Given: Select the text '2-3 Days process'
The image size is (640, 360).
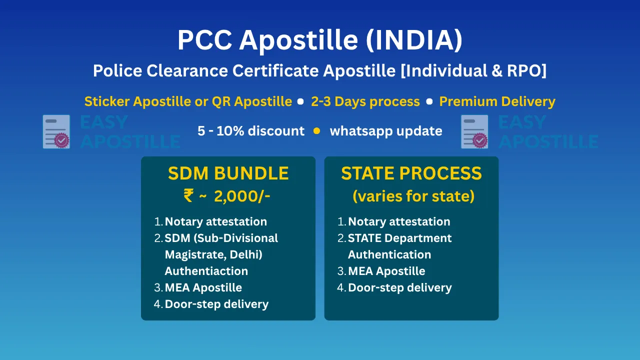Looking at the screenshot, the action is (x=365, y=101).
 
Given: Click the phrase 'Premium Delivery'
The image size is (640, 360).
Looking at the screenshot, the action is (x=497, y=101).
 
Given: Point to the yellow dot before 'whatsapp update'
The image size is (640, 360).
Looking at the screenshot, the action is (x=316, y=131).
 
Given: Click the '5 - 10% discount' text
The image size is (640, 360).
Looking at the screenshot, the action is (x=251, y=131).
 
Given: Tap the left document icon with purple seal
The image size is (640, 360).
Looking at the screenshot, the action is (x=56, y=131).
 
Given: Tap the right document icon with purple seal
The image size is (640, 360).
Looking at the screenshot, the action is (x=474, y=131).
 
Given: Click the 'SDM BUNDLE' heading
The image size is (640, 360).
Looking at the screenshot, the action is (x=228, y=173).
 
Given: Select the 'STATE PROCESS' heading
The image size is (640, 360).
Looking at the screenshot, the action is (x=411, y=173).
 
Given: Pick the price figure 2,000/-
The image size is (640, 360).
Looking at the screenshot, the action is (x=242, y=196).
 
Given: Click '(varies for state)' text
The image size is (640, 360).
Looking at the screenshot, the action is (x=413, y=196).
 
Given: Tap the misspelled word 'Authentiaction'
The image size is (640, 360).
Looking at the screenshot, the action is (x=206, y=271).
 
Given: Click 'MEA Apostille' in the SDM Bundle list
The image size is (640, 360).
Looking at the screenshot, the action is (x=203, y=287).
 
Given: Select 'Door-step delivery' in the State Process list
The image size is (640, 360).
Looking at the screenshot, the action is (x=399, y=287).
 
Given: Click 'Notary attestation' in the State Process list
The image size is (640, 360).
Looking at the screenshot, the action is (x=399, y=221).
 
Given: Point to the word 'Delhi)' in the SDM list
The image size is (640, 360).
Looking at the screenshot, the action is (x=246, y=254).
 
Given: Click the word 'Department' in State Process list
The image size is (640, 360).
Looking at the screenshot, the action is (x=418, y=238).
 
